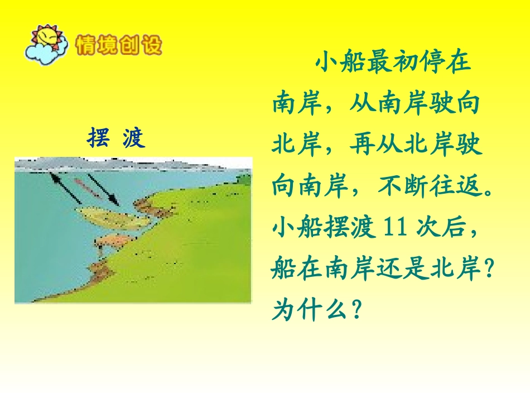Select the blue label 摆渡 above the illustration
(x=116, y=137)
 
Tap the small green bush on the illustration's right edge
(x=244, y=179)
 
